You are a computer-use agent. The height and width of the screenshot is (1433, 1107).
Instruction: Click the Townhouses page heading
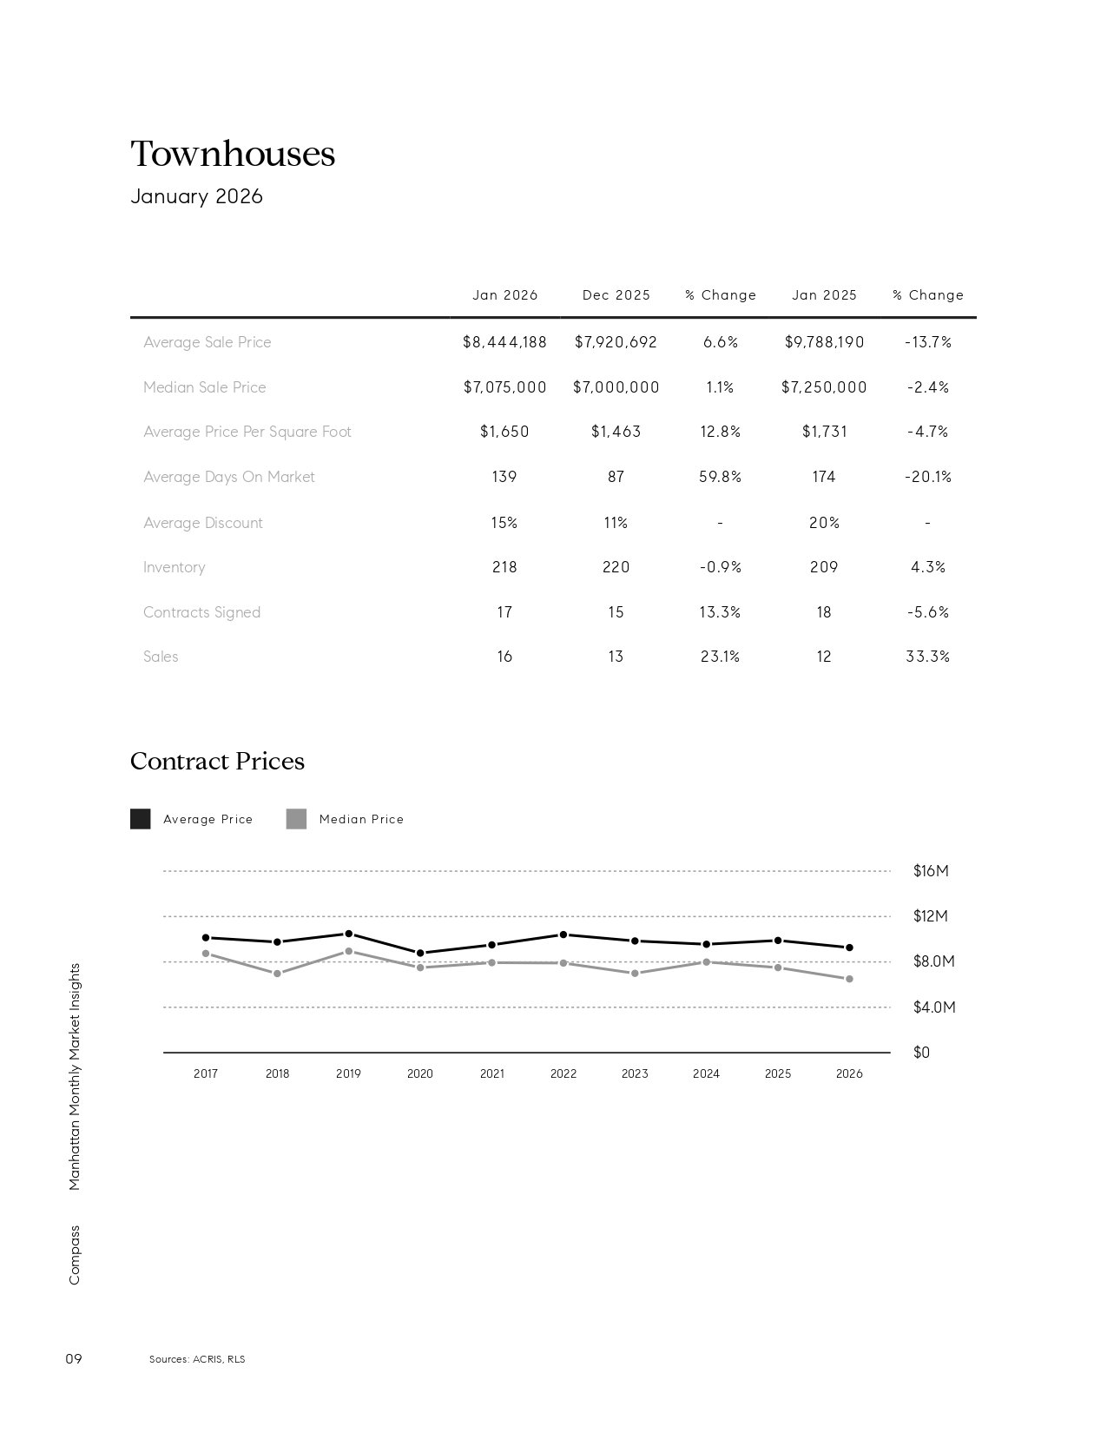[x=233, y=154]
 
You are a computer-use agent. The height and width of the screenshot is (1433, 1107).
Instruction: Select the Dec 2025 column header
[x=616, y=295]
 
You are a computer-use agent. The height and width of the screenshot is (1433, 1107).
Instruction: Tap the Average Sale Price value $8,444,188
[x=504, y=342]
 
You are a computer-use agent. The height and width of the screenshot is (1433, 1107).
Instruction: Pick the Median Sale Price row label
[x=205, y=387]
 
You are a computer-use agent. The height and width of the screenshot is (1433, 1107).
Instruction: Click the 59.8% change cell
[x=720, y=477]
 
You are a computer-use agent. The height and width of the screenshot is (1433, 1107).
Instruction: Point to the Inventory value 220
[x=616, y=567]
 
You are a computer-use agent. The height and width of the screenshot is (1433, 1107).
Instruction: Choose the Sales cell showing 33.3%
[x=927, y=657]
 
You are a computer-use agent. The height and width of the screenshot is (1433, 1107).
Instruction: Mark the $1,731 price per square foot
[x=824, y=432]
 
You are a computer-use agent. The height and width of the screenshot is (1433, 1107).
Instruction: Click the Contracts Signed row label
[x=201, y=612]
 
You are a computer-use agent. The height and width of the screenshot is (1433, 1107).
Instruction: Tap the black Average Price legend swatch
[x=140, y=819]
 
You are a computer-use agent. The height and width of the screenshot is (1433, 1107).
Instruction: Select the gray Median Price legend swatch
[x=296, y=819]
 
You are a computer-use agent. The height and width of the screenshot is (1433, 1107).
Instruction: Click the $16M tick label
[x=931, y=871]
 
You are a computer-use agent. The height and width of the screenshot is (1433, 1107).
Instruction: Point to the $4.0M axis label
[x=934, y=1007]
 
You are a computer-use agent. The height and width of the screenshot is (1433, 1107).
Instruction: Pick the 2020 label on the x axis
[x=419, y=1074]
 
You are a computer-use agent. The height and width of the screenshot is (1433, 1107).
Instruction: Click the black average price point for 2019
[x=349, y=934]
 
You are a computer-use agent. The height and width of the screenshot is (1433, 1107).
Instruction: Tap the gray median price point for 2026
[x=849, y=979]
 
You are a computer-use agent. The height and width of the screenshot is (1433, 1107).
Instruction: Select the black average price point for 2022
[x=563, y=935]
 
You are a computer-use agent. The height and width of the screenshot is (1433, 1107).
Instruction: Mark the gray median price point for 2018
[x=277, y=974]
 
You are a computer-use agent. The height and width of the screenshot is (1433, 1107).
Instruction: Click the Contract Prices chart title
[x=217, y=761]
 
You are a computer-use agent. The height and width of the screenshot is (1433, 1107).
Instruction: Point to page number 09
[x=74, y=1358]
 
